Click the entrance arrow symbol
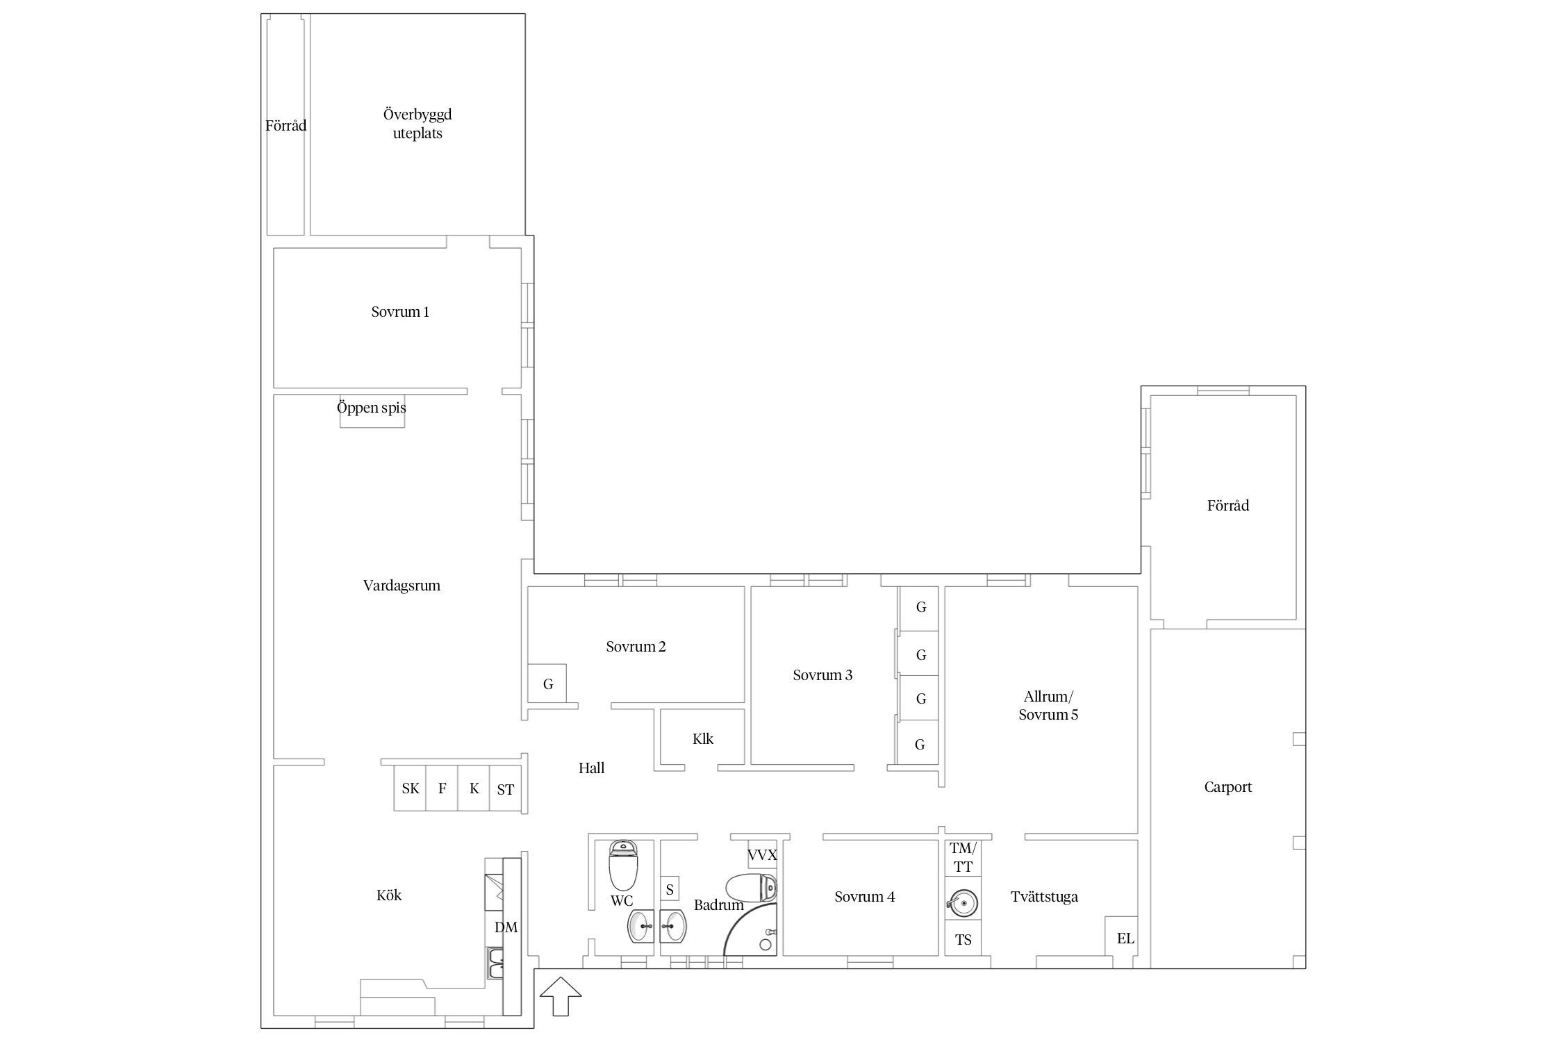click(x=561, y=996)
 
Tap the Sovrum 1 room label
click(x=400, y=312)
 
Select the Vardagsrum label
click(x=402, y=586)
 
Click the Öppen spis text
click(x=372, y=407)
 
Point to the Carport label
click(x=1227, y=787)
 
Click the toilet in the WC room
click(x=622, y=866)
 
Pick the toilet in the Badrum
click(x=751, y=888)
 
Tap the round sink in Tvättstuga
click(x=963, y=903)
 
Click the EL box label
click(x=1125, y=938)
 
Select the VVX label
click(x=762, y=855)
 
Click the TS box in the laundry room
click(x=963, y=941)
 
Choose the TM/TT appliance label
click(x=963, y=857)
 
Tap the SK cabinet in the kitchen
click(x=410, y=788)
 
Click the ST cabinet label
click(x=506, y=789)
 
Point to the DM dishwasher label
click(x=506, y=927)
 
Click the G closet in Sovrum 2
click(x=547, y=684)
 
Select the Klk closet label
click(x=703, y=738)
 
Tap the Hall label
click(x=591, y=768)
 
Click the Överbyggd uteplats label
click(x=417, y=124)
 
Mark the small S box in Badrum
click(x=670, y=889)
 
